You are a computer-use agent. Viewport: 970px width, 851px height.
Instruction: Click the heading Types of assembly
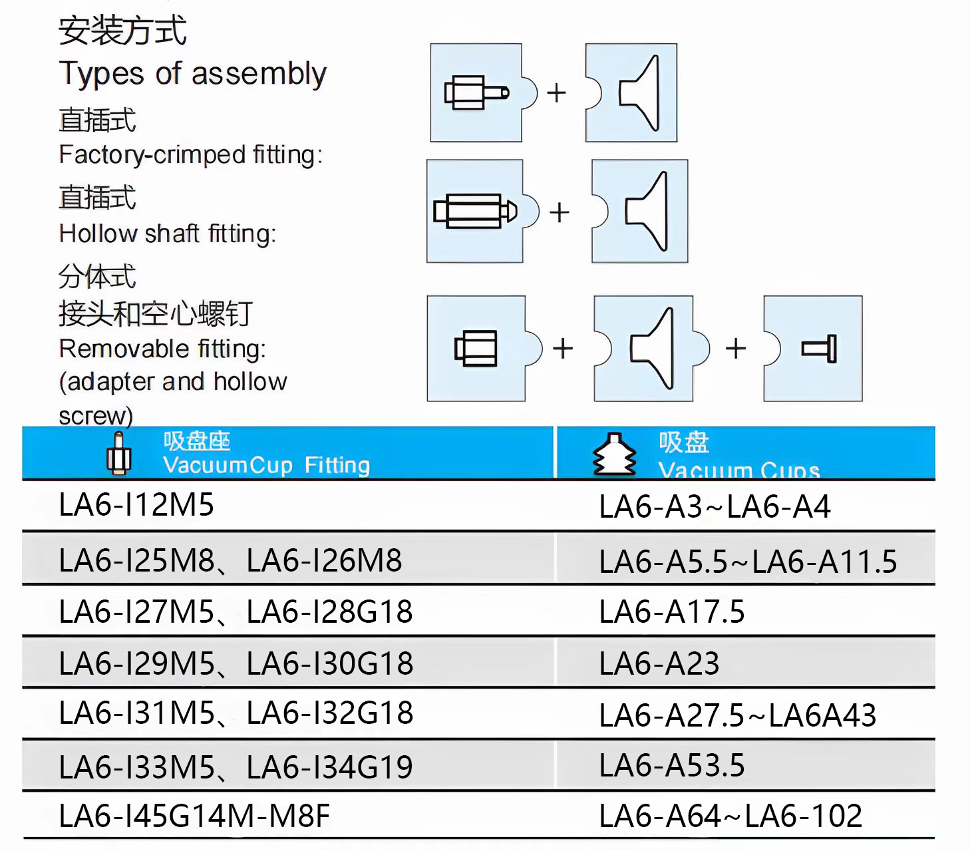point(192,74)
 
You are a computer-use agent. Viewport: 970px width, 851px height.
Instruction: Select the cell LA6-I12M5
point(136,505)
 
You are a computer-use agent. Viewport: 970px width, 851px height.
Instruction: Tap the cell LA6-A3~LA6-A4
point(715,507)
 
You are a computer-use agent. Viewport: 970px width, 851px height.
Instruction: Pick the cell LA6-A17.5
point(671,612)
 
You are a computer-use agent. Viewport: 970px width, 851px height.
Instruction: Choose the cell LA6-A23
point(659,664)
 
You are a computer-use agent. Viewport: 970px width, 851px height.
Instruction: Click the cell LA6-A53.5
point(671,766)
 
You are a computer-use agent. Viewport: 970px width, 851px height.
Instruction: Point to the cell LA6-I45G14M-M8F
point(194,816)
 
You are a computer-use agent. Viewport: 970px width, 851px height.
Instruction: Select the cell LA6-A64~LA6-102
point(730,816)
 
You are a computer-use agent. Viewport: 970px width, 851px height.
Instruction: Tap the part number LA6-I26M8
point(324,561)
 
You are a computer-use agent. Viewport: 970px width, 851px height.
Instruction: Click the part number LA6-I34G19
point(329,768)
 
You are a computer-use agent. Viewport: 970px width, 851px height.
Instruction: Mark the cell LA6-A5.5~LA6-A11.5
point(748,562)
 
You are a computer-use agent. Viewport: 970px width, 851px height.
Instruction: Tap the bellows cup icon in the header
point(613,454)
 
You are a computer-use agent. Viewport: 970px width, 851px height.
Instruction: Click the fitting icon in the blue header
point(118,453)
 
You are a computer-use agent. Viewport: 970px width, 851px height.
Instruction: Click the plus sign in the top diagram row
point(556,92)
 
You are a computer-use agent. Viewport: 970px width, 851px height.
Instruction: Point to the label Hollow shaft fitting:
point(167,234)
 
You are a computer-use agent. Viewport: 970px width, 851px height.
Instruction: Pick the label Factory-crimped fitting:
point(190,155)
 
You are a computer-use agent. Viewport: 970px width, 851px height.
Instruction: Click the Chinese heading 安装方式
point(122,31)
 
